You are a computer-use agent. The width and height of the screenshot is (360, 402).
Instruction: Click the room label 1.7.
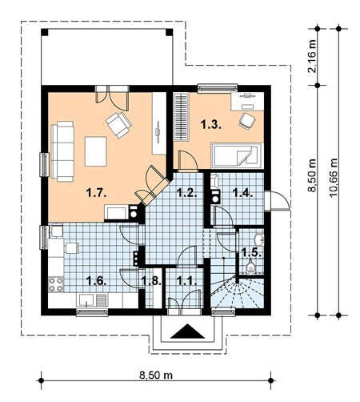click(x=97, y=192)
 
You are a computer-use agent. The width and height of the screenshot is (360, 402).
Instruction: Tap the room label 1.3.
click(x=211, y=124)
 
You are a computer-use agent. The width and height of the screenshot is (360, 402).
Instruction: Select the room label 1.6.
click(x=97, y=281)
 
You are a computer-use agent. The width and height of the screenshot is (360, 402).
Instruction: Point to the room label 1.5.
click(x=251, y=252)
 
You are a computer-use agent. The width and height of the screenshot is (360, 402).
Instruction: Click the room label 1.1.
click(x=187, y=281)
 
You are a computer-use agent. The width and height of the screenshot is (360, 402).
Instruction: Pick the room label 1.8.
click(x=151, y=281)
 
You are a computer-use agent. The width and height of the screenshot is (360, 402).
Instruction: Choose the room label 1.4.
click(x=242, y=192)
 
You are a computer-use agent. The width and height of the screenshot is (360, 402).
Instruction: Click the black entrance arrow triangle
click(x=187, y=331)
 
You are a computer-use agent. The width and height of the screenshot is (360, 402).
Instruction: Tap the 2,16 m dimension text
click(x=312, y=56)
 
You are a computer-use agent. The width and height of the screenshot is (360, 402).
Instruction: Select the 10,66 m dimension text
click(x=334, y=178)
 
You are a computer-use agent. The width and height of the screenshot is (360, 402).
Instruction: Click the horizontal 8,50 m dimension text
click(x=156, y=375)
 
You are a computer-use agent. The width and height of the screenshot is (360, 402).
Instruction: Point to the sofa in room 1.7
click(x=62, y=151)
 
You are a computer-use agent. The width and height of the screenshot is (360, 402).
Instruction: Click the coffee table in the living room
click(x=96, y=151)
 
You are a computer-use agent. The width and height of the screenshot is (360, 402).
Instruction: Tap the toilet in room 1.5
click(x=250, y=266)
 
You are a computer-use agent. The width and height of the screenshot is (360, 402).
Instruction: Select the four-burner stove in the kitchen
click(x=56, y=284)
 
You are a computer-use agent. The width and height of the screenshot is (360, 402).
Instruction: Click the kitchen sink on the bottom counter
click(x=85, y=300)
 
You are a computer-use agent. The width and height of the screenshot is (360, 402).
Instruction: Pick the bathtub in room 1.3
click(x=237, y=155)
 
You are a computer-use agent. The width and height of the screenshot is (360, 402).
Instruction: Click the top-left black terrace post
click(x=45, y=32)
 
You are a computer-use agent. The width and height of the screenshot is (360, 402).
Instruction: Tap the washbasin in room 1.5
click(x=259, y=239)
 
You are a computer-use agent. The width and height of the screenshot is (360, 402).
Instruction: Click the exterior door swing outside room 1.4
click(x=280, y=201)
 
